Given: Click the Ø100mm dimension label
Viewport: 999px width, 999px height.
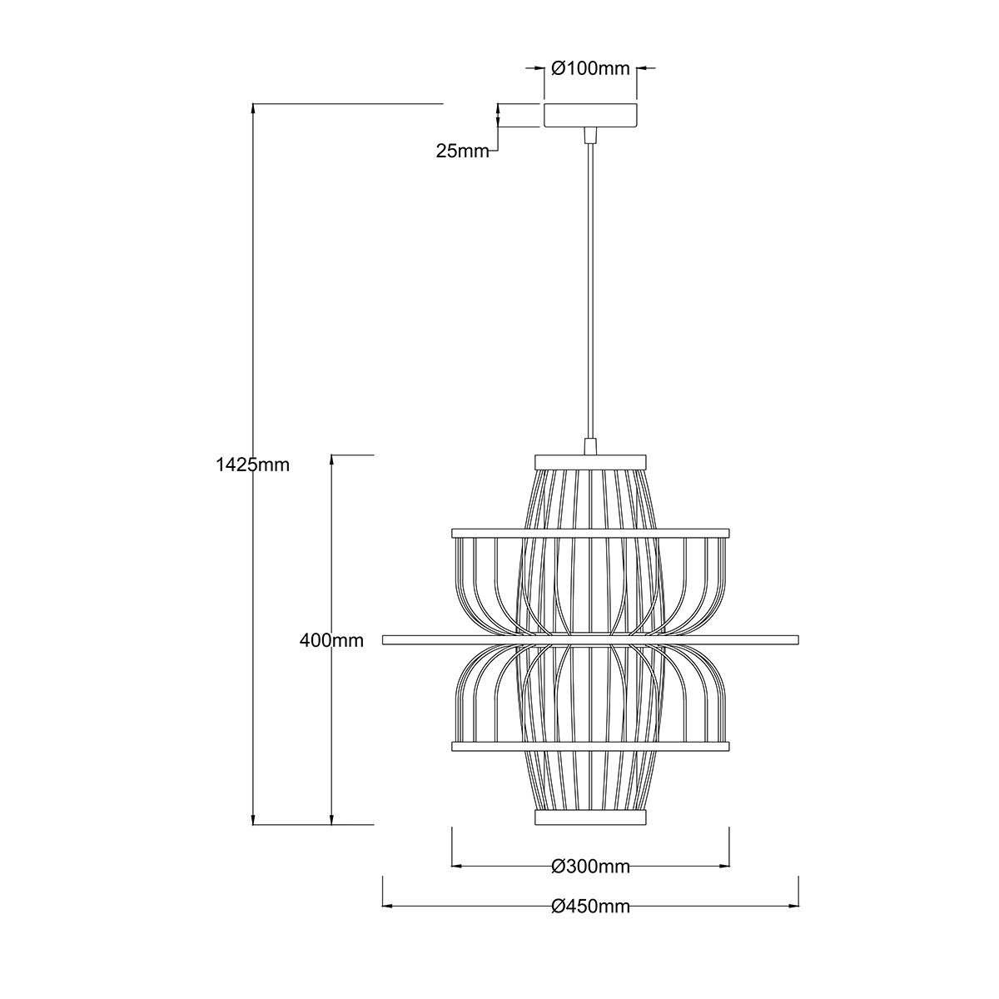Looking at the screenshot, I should [591, 69].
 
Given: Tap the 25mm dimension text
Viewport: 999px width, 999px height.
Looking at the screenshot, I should [461, 151].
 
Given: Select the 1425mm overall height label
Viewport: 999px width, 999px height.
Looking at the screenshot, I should [252, 465].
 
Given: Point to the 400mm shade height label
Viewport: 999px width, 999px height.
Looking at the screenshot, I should [331, 640].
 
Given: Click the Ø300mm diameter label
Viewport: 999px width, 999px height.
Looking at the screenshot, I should [590, 867].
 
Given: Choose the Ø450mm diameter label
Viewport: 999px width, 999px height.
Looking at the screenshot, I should [590, 907].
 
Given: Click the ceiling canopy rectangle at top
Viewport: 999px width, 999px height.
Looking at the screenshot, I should [590, 115].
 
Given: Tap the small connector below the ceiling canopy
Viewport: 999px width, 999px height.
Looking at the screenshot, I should [590, 135].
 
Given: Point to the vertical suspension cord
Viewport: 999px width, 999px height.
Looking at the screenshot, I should [590, 291].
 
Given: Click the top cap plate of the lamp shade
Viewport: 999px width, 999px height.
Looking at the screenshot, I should [590, 460].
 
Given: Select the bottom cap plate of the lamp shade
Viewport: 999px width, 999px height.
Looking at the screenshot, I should [590, 818].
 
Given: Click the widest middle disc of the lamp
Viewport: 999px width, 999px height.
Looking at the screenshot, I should [590, 639].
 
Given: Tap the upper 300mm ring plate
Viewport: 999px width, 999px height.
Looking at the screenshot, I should [590, 533].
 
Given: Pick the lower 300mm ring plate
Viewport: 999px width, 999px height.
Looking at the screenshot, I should [590, 747].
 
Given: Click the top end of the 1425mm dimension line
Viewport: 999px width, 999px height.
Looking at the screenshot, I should [252, 105].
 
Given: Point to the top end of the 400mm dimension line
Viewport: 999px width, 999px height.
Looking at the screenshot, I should [331, 456].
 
